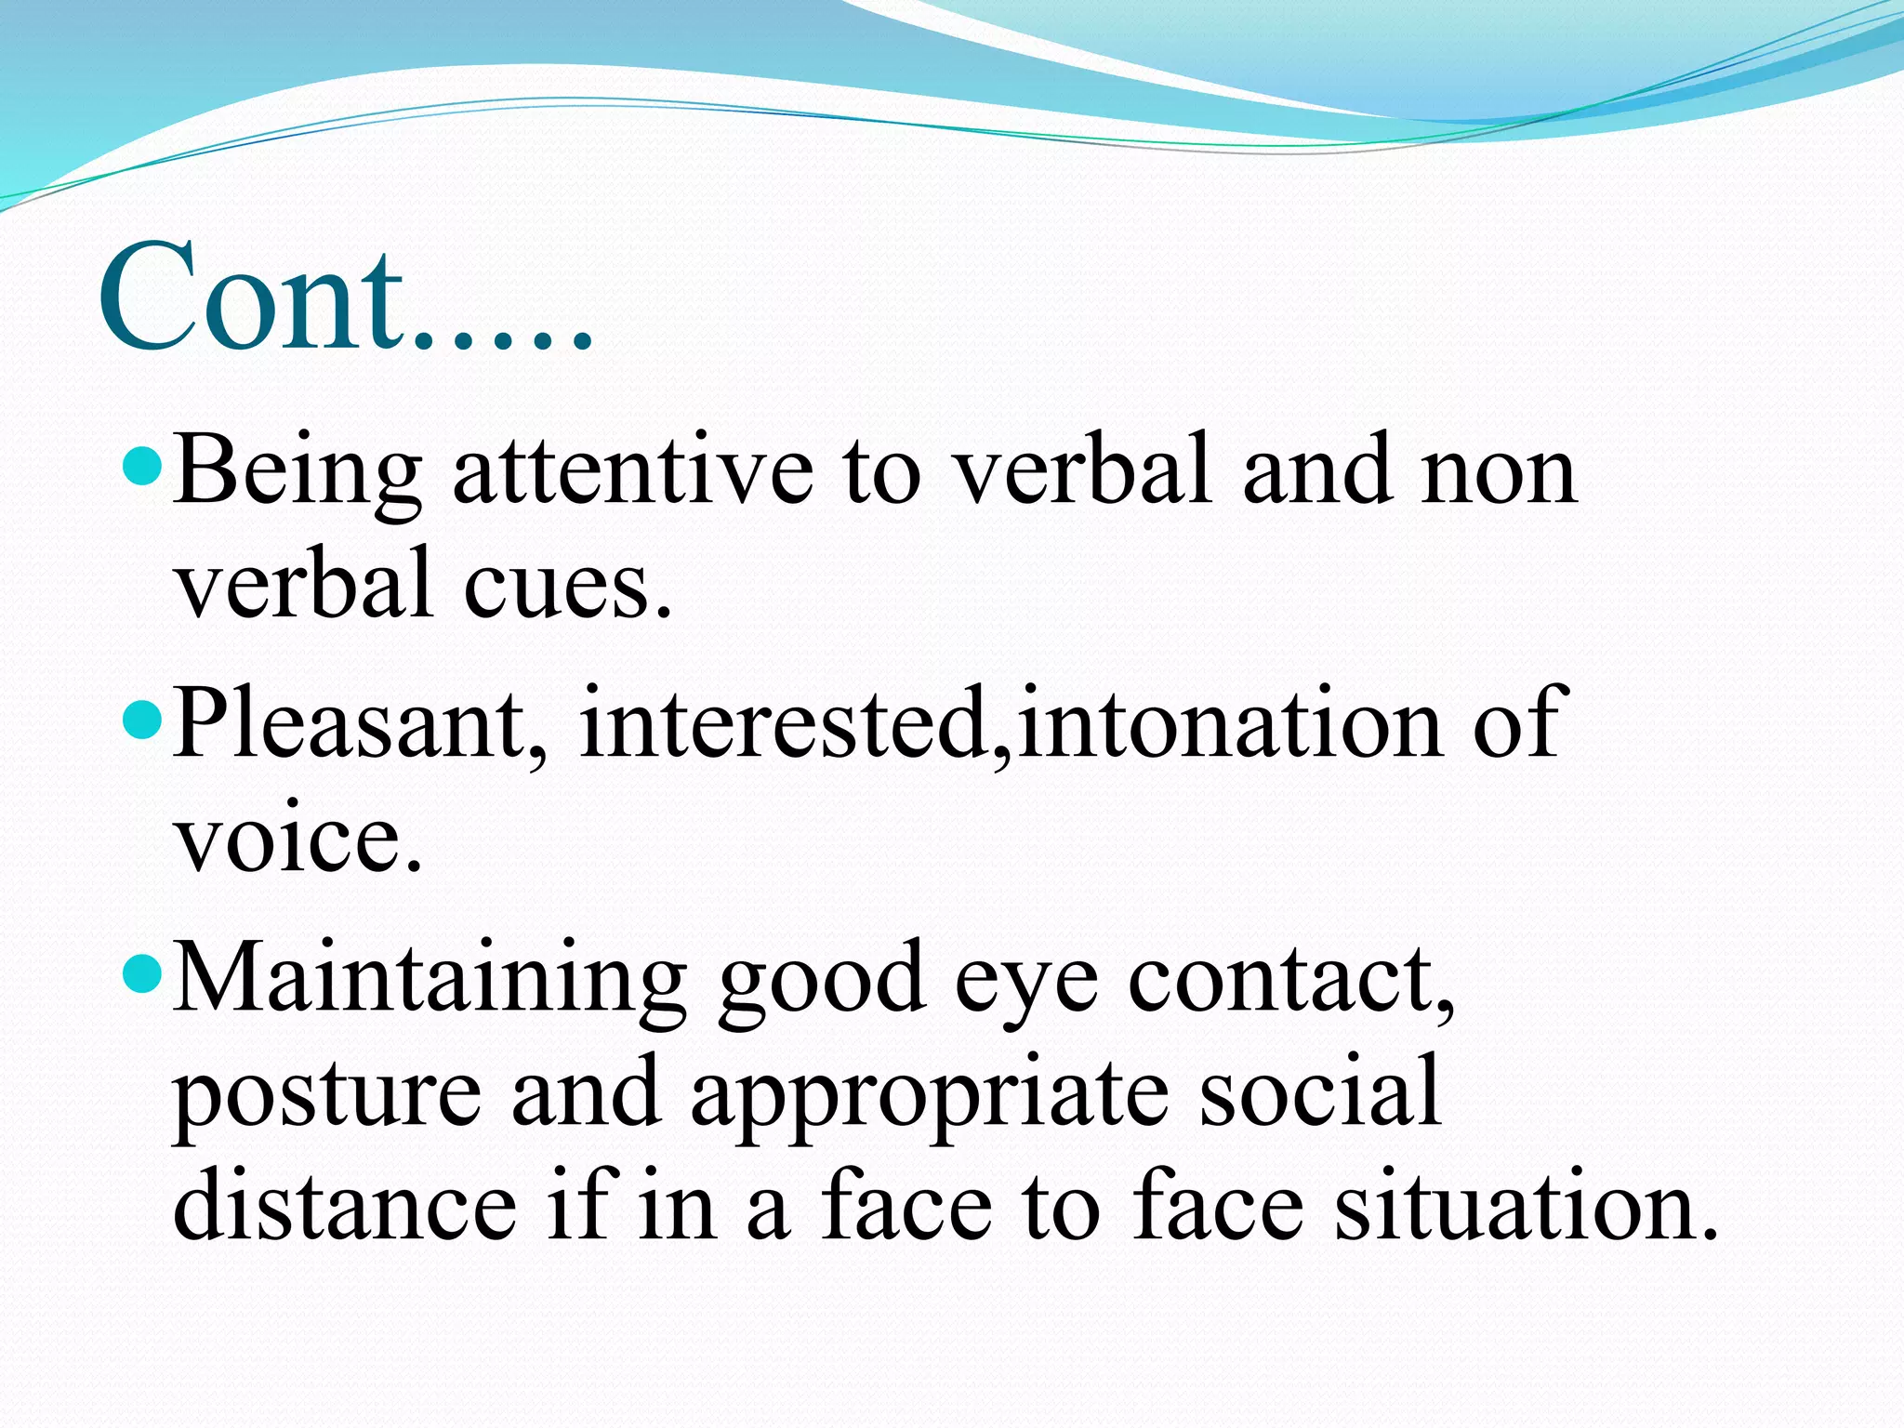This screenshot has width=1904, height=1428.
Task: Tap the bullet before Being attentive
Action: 142,462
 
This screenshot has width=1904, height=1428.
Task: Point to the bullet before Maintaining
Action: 142,972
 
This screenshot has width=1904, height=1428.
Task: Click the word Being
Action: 296,472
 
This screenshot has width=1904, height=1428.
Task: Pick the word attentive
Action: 632,472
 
